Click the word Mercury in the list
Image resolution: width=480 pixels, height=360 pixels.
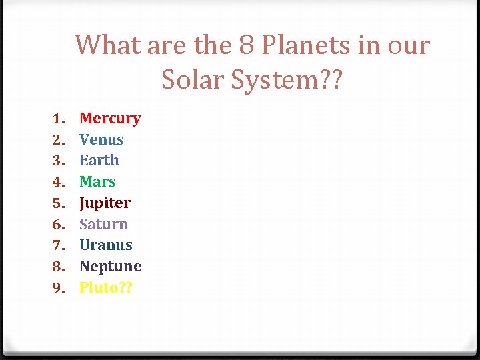click(110, 119)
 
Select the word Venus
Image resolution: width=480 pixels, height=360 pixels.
click(101, 139)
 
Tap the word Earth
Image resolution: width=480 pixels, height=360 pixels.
click(99, 161)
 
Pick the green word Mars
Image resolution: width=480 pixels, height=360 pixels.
click(97, 181)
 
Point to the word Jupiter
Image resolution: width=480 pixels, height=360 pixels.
click(105, 203)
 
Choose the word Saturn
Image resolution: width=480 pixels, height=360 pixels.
click(103, 224)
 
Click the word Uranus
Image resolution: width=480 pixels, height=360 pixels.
click(105, 245)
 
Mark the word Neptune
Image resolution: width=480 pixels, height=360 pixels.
click(110, 266)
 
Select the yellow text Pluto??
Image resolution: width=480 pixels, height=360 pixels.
click(105, 287)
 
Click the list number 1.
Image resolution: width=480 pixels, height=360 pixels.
click(58, 119)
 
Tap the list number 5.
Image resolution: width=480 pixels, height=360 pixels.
click(58, 203)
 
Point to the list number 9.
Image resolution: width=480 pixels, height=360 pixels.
click(58, 288)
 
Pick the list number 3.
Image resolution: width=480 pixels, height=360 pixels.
click(58, 161)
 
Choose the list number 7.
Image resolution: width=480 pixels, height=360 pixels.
click(58, 245)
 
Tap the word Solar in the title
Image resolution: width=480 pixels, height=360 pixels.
click(193, 80)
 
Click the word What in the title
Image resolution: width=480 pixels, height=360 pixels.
click(108, 45)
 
